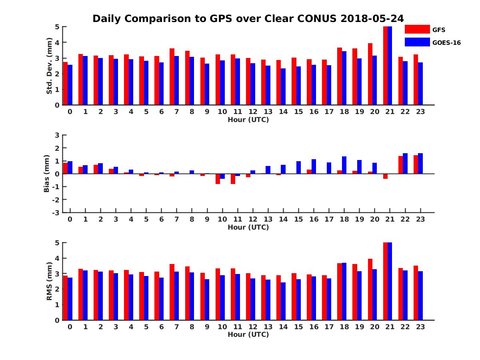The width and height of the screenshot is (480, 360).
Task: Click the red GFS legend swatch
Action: pyautogui.click(x=417, y=29)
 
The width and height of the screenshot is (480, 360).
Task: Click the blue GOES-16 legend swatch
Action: pyautogui.click(x=417, y=42)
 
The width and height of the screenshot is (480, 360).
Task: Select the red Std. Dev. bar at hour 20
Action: pyautogui.click(x=370, y=74)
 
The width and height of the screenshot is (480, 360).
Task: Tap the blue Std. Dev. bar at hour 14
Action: pyautogui.click(x=283, y=86)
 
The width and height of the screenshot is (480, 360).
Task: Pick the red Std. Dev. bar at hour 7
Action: pyautogui.click(x=172, y=76)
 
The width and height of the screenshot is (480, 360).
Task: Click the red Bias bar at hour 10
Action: pyautogui.click(x=218, y=179)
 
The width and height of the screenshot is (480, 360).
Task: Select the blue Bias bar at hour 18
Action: pyautogui.click(x=344, y=165)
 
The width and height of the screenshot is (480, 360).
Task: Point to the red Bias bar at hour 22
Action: pyautogui.click(x=400, y=165)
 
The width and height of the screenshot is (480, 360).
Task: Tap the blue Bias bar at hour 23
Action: pyautogui.click(x=420, y=163)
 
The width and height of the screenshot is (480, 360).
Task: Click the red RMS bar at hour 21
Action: pyautogui.click(x=385, y=281)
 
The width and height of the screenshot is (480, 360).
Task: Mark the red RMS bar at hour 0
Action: pyautogui.click(x=65, y=298)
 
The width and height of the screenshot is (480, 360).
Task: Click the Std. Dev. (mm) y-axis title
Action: pyautogui.click(x=49, y=66)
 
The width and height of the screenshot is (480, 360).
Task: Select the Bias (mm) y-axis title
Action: pyautogui.click(x=46, y=174)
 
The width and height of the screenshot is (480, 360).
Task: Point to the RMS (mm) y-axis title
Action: pyautogui.click(x=49, y=281)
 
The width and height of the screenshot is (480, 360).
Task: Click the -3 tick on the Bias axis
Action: pyautogui.click(x=56, y=212)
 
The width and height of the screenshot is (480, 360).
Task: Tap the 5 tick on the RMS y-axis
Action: pyautogui.click(x=57, y=243)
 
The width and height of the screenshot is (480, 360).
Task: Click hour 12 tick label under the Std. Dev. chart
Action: pyautogui.click(x=253, y=112)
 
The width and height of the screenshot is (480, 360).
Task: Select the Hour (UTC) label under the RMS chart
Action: pyautogui.click(x=248, y=334)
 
